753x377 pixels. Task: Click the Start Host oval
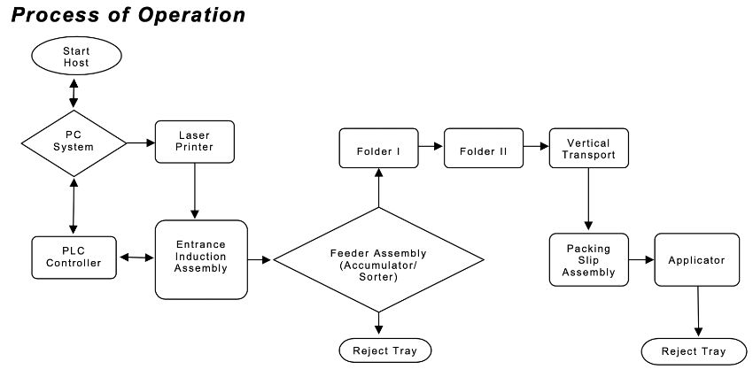76,56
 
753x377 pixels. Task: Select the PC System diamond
74,143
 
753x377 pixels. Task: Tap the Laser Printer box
195,142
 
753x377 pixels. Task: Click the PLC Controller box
74,258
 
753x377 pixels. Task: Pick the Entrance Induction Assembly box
201,259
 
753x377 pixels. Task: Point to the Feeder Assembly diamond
378,259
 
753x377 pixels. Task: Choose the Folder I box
378,148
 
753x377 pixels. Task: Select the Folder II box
484,148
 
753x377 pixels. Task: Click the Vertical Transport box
589,148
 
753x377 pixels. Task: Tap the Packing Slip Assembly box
589,260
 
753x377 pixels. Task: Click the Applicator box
697,260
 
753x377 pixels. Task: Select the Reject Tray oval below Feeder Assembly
385,350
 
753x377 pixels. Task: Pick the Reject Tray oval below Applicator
694,351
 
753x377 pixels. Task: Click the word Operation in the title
191,15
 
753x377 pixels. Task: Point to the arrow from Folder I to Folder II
431,146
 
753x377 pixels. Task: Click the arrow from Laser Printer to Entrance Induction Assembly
195,191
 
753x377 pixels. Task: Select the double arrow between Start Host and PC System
74,93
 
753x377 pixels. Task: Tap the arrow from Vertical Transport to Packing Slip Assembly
588,199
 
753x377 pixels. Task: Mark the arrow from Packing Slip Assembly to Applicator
641,260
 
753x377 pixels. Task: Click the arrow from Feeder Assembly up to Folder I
378,188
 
